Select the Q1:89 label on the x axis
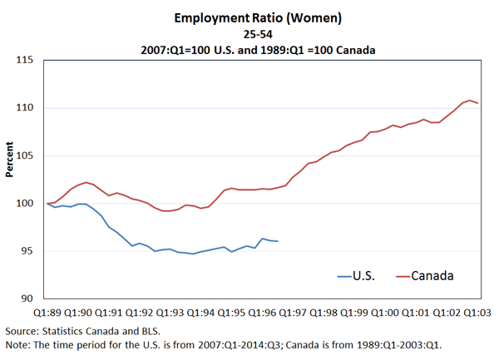[47, 312]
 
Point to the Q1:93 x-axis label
[170, 312]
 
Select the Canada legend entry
[432, 274]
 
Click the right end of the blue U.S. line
[278, 241]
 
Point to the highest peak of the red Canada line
[470, 100]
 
